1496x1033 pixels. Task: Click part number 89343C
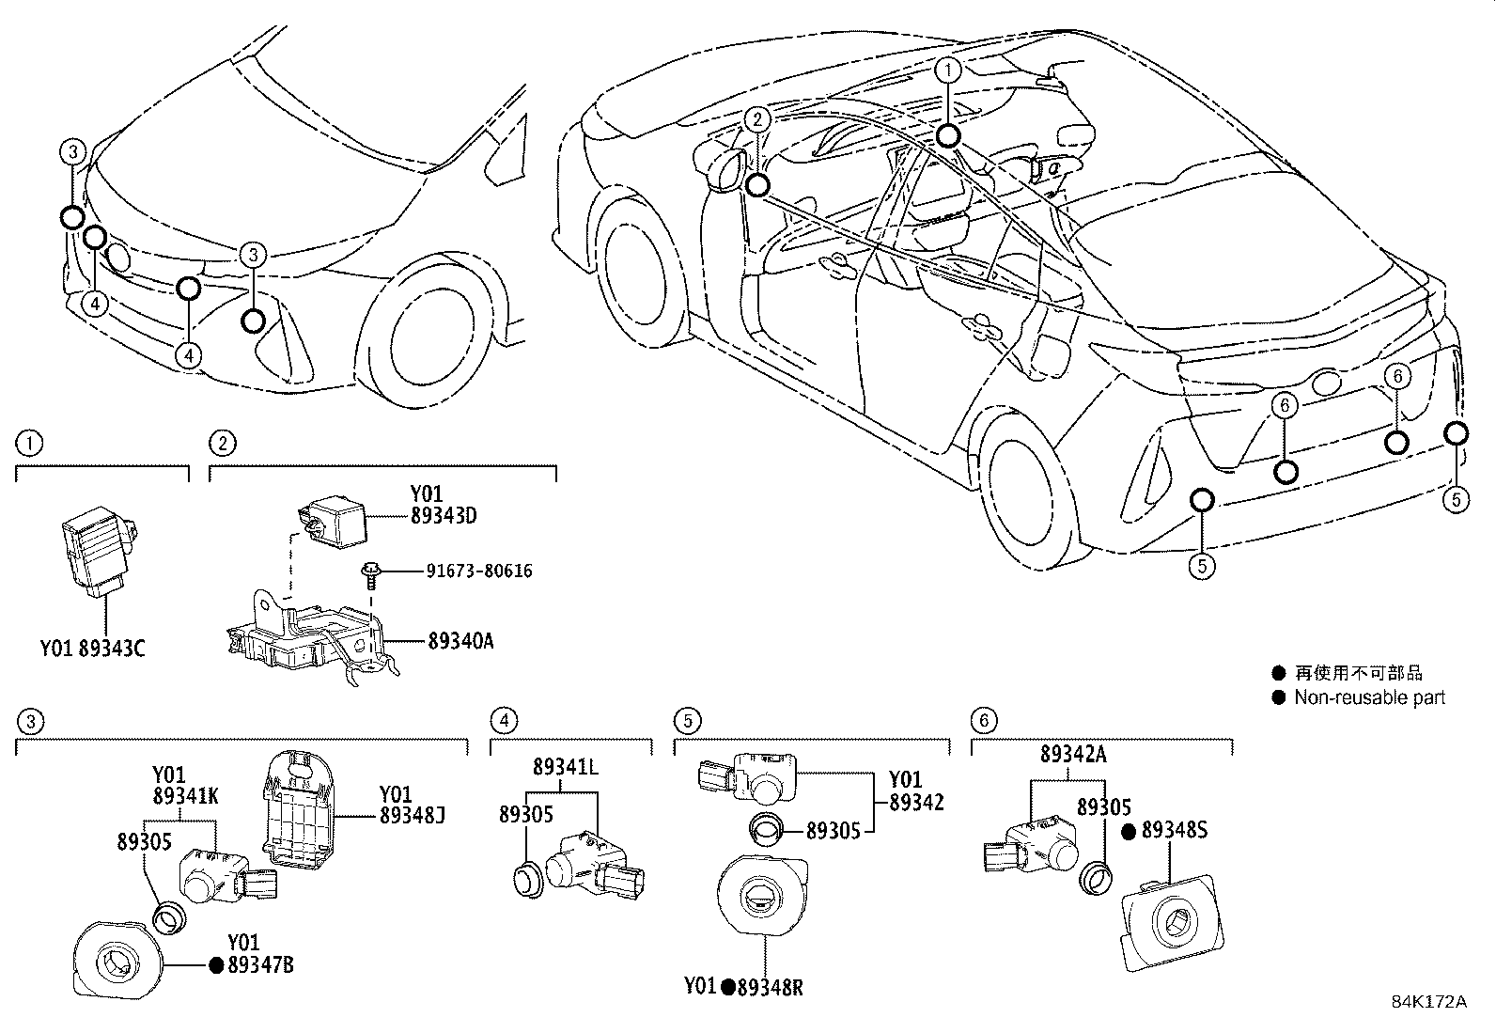coord(112,648)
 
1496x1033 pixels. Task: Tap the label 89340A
coord(460,641)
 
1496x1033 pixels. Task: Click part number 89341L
coord(565,766)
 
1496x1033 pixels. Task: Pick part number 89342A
coord(1073,754)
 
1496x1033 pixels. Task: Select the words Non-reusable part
coord(1369,697)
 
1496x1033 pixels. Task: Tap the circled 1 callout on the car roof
coord(948,70)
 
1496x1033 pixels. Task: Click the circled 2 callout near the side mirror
coord(758,119)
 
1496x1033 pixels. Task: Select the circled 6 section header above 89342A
coord(983,721)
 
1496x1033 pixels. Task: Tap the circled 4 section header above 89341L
coord(504,721)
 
